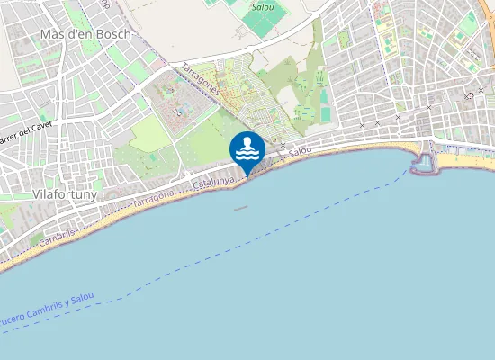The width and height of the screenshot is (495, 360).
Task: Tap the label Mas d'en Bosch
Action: click(86, 34)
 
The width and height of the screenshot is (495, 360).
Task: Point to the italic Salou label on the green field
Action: click(263, 6)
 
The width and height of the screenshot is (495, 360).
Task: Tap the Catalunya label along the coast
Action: click(213, 184)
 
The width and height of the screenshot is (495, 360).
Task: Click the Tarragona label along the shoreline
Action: click(153, 198)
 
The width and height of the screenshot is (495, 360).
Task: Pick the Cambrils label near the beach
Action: click(58, 233)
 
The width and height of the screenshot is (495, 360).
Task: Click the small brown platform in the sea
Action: click(240, 208)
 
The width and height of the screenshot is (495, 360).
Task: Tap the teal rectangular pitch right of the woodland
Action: click(325, 116)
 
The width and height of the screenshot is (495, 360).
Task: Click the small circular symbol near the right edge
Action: click(469, 95)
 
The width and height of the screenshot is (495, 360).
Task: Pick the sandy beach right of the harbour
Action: click(463, 162)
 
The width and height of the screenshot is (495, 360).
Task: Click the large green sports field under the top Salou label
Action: click(263, 22)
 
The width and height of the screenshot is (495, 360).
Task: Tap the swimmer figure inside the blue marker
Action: click(247, 144)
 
